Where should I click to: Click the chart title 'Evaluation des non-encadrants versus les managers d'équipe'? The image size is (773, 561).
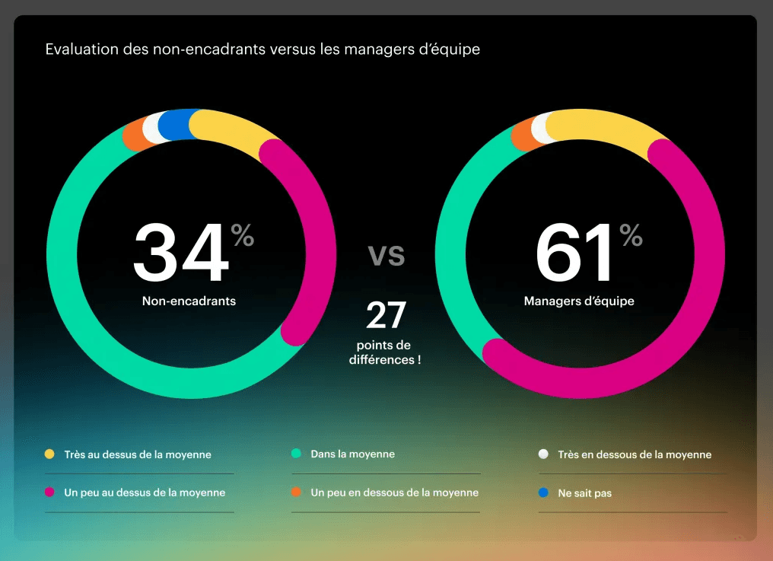click(262, 50)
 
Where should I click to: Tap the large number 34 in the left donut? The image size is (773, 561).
click(181, 253)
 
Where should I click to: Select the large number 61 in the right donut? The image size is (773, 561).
click(576, 253)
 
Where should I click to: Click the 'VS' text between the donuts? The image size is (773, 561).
click(386, 254)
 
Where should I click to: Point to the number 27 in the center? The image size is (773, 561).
click(386, 315)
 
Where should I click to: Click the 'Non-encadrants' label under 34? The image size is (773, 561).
click(189, 301)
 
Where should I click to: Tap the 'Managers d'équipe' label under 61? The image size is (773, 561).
click(579, 301)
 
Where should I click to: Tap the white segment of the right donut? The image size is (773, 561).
click(542, 127)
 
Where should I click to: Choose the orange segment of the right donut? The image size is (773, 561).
click(524, 135)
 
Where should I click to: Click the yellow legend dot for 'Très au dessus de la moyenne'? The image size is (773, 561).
click(49, 454)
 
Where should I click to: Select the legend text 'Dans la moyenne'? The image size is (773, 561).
click(352, 454)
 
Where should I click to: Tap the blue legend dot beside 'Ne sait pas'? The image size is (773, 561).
click(543, 493)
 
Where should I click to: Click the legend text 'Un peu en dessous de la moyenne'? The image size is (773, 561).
click(394, 493)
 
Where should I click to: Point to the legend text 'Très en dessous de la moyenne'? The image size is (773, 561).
click(635, 454)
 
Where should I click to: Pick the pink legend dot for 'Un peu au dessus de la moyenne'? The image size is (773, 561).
click(49, 492)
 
